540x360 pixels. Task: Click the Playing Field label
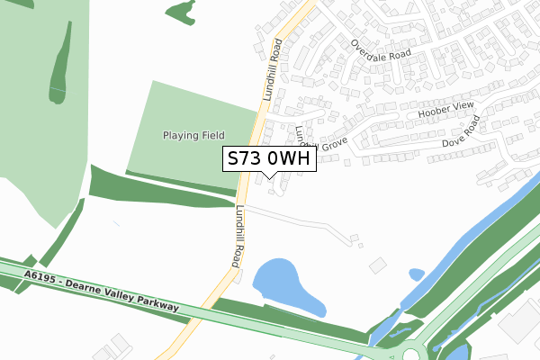[x=193, y=135]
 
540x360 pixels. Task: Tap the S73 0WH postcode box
[x=268, y=159]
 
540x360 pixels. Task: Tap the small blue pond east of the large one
[x=416, y=274]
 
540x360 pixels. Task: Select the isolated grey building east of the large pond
[x=377, y=265]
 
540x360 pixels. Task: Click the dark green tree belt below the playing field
[x=162, y=186]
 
